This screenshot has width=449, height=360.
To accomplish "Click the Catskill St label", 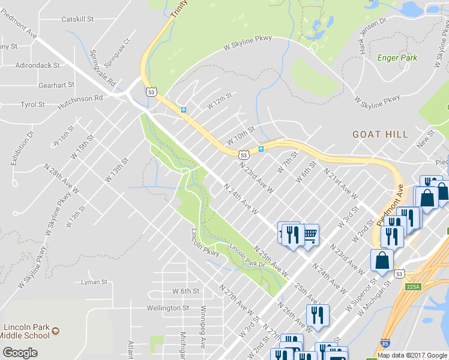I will click(77, 19).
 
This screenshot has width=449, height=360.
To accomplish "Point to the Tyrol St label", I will click(32, 104).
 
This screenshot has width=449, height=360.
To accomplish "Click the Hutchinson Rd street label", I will click(80, 101).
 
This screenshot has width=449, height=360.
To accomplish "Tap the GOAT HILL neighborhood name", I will click(376, 134).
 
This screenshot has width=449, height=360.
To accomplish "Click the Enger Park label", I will click(397, 58).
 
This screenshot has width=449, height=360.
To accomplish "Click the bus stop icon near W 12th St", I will click(184, 110).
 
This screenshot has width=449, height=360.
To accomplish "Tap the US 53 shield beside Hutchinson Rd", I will click(150, 91).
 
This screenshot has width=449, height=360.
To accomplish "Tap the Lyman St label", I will click(94, 281).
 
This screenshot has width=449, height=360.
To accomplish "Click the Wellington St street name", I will click(168, 308).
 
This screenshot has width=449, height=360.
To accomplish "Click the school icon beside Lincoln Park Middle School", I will click(55, 331).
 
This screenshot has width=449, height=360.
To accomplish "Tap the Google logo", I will click(20, 352).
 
